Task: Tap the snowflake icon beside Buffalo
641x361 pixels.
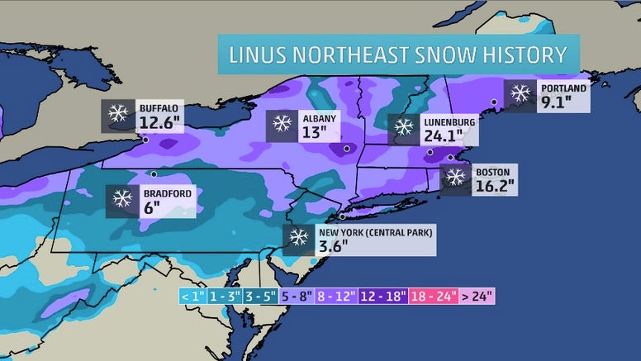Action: click(118, 115)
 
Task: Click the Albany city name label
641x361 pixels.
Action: click(318, 118)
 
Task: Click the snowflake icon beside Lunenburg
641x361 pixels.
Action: click(403, 127)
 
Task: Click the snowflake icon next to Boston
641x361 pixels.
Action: click(455, 176)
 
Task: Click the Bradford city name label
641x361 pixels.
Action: click(168, 194)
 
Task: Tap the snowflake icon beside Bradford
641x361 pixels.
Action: click(122, 198)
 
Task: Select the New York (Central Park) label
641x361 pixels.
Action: click(375, 232)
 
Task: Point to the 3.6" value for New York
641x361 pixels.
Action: click(333, 245)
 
